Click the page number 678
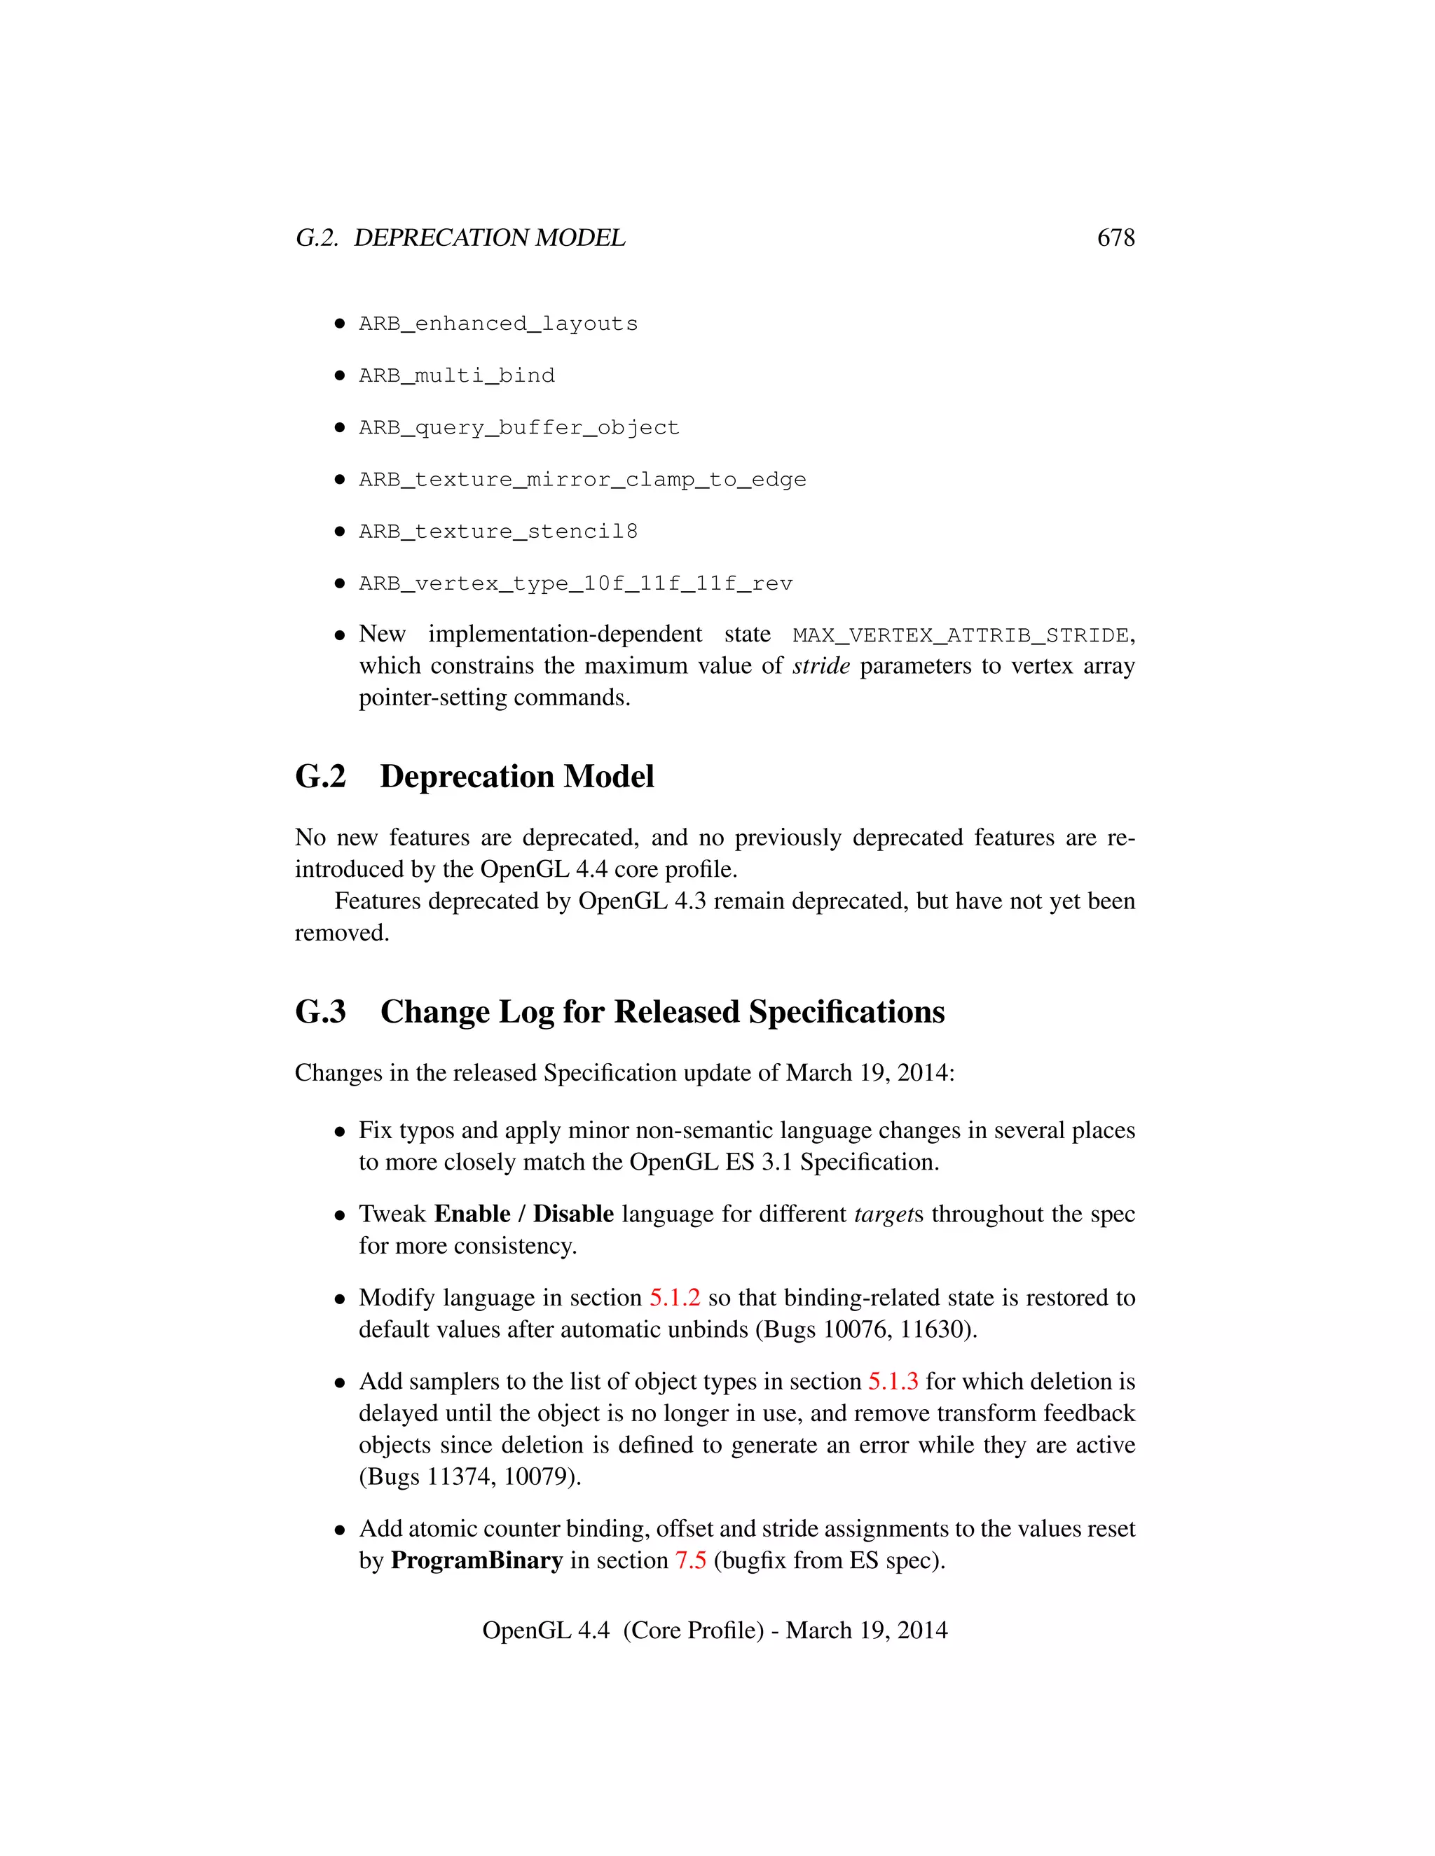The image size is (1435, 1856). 1115,238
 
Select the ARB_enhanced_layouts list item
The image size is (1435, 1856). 497,324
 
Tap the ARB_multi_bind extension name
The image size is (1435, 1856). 457,375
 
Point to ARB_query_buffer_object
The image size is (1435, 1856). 519,427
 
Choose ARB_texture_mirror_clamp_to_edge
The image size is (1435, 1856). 582,479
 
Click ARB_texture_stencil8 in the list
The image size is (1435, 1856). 497,531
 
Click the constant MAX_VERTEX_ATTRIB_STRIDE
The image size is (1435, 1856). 961,636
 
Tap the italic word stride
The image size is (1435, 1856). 821,666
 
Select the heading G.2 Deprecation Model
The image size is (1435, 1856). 474,777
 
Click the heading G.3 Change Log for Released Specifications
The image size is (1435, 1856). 619,1012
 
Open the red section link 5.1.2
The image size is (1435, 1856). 674,1298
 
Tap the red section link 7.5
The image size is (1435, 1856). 690,1560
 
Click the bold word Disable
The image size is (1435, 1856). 573,1214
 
